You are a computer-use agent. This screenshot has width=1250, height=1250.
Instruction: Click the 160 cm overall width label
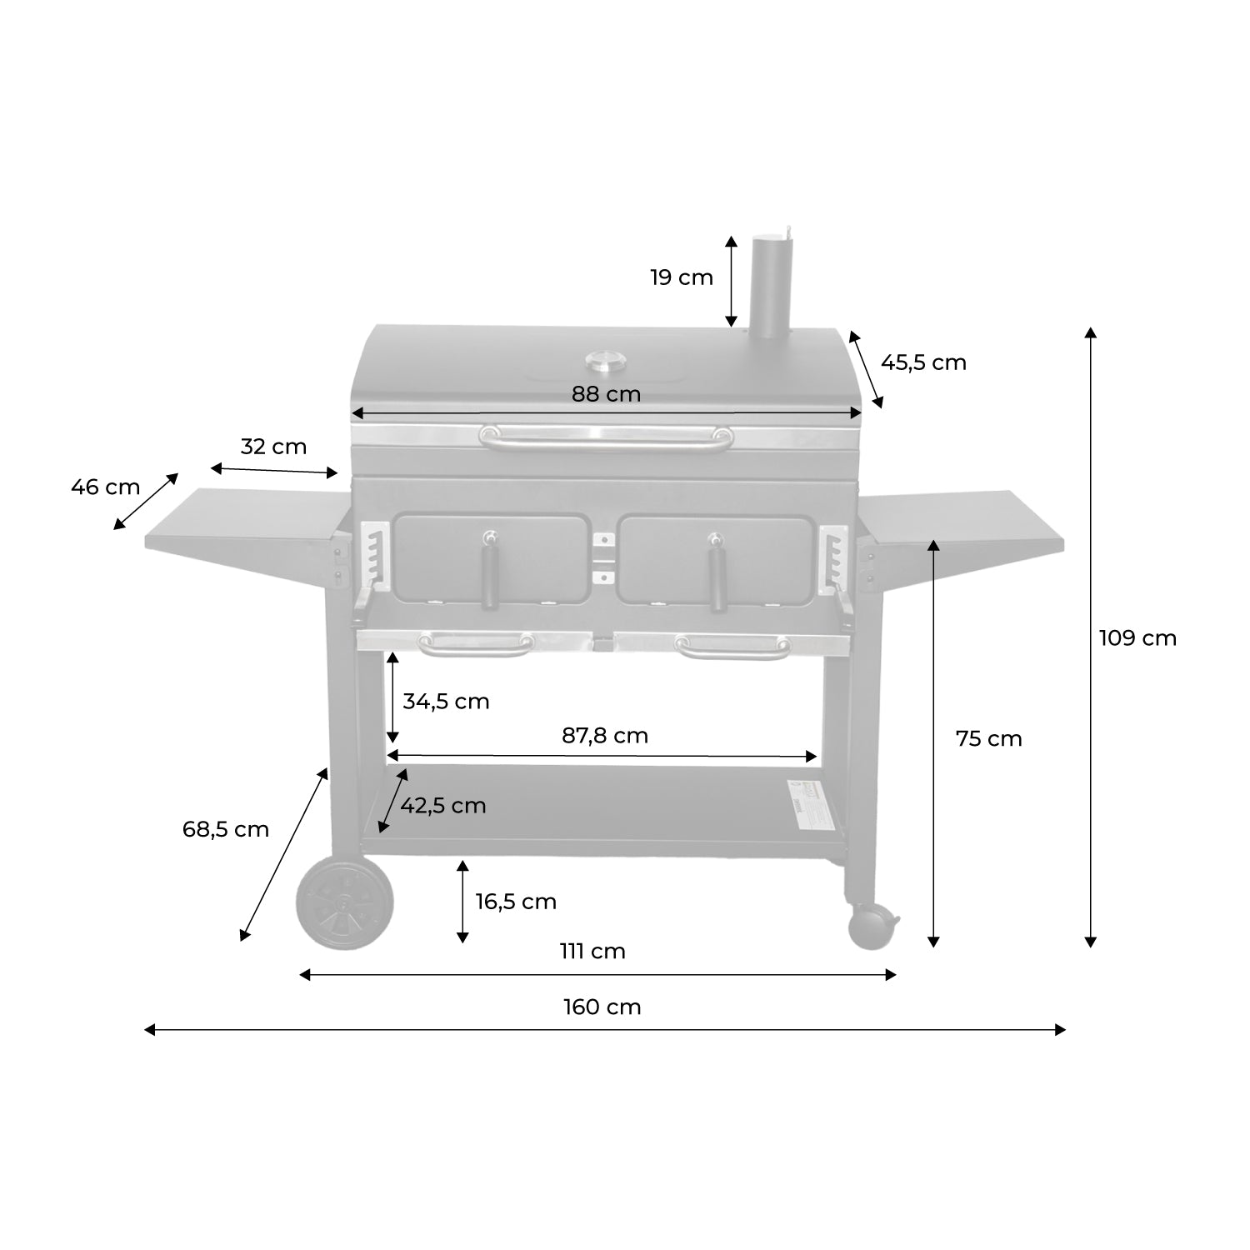pyautogui.click(x=602, y=1007)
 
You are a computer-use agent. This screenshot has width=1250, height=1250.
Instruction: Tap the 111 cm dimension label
pyautogui.click(x=592, y=951)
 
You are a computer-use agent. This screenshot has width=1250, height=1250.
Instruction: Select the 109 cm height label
pyautogui.click(x=1137, y=638)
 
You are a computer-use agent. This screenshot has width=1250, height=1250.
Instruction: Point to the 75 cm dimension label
pyautogui.click(x=988, y=738)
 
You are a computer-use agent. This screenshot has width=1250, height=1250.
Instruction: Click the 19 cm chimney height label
pyautogui.click(x=682, y=277)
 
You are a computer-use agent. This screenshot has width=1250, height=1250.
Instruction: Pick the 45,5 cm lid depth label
pyautogui.click(x=923, y=362)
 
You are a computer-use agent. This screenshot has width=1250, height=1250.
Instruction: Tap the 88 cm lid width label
pyautogui.click(x=606, y=394)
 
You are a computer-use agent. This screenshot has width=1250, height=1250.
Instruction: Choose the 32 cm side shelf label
pyautogui.click(x=273, y=447)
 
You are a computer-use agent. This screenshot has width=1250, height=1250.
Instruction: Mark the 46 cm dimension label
pyautogui.click(x=105, y=487)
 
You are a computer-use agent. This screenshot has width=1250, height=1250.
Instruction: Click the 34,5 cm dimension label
pyautogui.click(x=446, y=702)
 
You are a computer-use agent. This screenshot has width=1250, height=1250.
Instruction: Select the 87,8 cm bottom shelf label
pyautogui.click(x=604, y=736)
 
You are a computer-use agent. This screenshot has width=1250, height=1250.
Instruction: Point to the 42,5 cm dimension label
pyautogui.click(x=442, y=806)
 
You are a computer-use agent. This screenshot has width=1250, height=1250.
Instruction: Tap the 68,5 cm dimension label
pyautogui.click(x=226, y=829)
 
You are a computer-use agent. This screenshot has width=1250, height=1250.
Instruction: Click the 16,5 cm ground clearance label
pyautogui.click(x=516, y=902)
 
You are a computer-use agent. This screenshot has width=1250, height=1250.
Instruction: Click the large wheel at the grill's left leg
pyautogui.click(x=345, y=902)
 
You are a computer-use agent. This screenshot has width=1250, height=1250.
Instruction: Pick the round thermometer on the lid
pyautogui.click(x=606, y=361)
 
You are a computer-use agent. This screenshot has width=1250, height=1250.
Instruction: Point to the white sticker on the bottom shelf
pyautogui.click(x=806, y=803)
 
